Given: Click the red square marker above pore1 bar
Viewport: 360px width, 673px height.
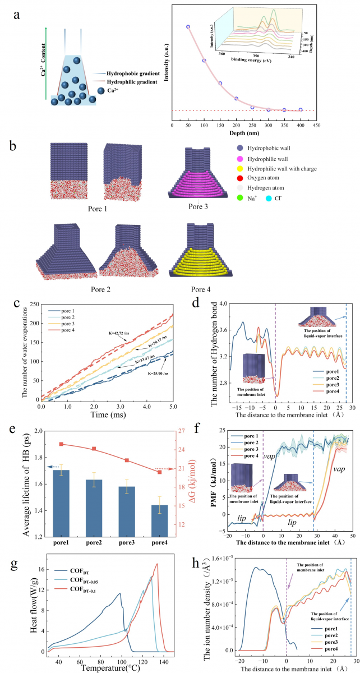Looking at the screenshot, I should point(61,444).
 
